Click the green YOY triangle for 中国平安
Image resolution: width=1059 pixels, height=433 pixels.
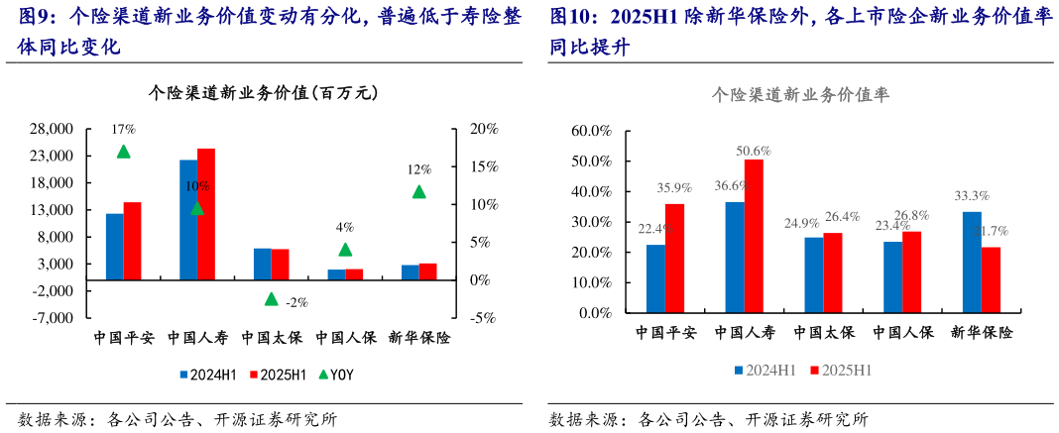(x=124, y=152)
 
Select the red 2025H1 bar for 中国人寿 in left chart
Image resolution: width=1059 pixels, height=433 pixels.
(x=206, y=214)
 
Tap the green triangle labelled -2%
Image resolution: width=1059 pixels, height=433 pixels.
(x=271, y=298)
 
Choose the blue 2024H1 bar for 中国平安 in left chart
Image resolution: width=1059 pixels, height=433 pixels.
(x=115, y=247)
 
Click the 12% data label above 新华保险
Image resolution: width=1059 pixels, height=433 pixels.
(x=418, y=169)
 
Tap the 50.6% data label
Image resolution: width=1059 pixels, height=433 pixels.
(x=754, y=151)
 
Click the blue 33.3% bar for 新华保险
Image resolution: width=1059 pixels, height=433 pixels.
(x=972, y=262)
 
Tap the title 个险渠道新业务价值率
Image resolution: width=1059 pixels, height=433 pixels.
(x=800, y=95)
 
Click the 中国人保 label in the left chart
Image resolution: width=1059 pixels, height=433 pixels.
(x=346, y=338)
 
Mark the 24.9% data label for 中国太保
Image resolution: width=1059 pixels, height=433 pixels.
(x=802, y=223)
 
